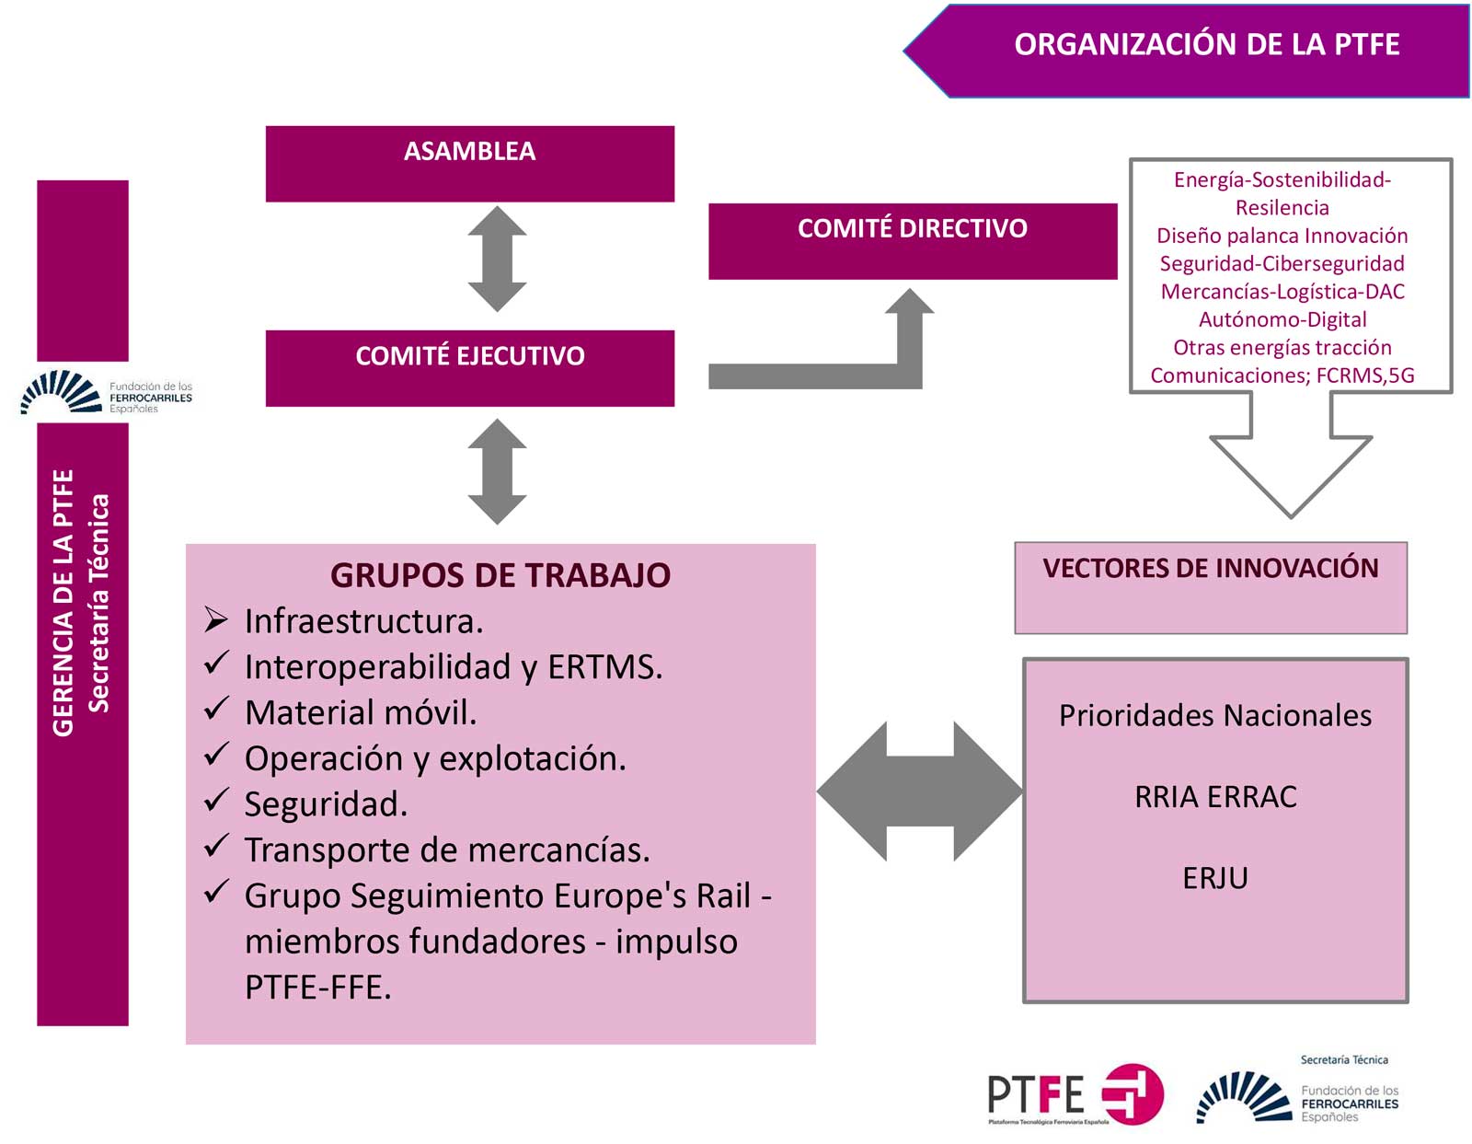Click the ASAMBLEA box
click(x=469, y=164)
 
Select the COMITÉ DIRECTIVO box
click(x=912, y=241)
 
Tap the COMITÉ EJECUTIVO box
click(x=469, y=368)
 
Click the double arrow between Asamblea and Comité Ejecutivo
click(x=497, y=259)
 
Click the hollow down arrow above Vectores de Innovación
click(x=1290, y=460)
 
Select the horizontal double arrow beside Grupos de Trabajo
click(x=919, y=792)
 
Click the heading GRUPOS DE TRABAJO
click(x=500, y=575)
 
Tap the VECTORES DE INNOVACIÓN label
click(x=1210, y=569)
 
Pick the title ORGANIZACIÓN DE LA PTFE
click(x=1206, y=45)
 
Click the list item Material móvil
click(x=361, y=712)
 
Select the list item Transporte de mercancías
click(x=447, y=849)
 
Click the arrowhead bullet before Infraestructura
click(x=216, y=620)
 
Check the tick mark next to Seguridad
click(x=216, y=801)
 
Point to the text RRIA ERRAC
click(x=1215, y=797)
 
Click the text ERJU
click(x=1215, y=878)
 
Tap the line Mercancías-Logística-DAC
click(x=1282, y=292)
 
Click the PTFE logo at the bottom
click(x=1075, y=1095)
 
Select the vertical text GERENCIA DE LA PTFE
click(x=63, y=603)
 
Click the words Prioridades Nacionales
click(x=1215, y=716)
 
